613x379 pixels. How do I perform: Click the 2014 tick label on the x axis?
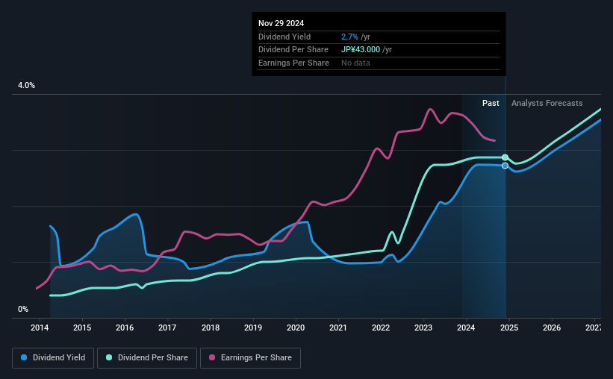(x=40, y=328)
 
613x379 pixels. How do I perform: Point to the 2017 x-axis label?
(x=167, y=328)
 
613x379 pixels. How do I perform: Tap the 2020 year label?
(x=296, y=328)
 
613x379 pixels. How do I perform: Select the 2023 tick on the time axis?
(x=423, y=328)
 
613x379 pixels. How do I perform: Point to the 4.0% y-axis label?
(x=26, y=86)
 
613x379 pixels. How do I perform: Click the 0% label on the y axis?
(x=23, y=309)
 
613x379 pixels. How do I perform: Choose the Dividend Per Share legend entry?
(x=152, y=358)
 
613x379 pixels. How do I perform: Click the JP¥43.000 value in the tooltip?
(x=361, y=49)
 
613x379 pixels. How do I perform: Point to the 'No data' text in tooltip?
(x=355, y=63)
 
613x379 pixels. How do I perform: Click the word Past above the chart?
(x=491, y=103)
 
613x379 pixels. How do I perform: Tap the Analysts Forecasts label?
(x=547, y=103)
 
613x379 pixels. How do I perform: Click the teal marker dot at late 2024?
(x=505, y=157)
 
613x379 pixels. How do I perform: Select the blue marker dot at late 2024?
(x=505, y=166)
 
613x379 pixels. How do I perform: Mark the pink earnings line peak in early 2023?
(x=430, y=110)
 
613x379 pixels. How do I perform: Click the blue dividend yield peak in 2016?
(x=136, y=214)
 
